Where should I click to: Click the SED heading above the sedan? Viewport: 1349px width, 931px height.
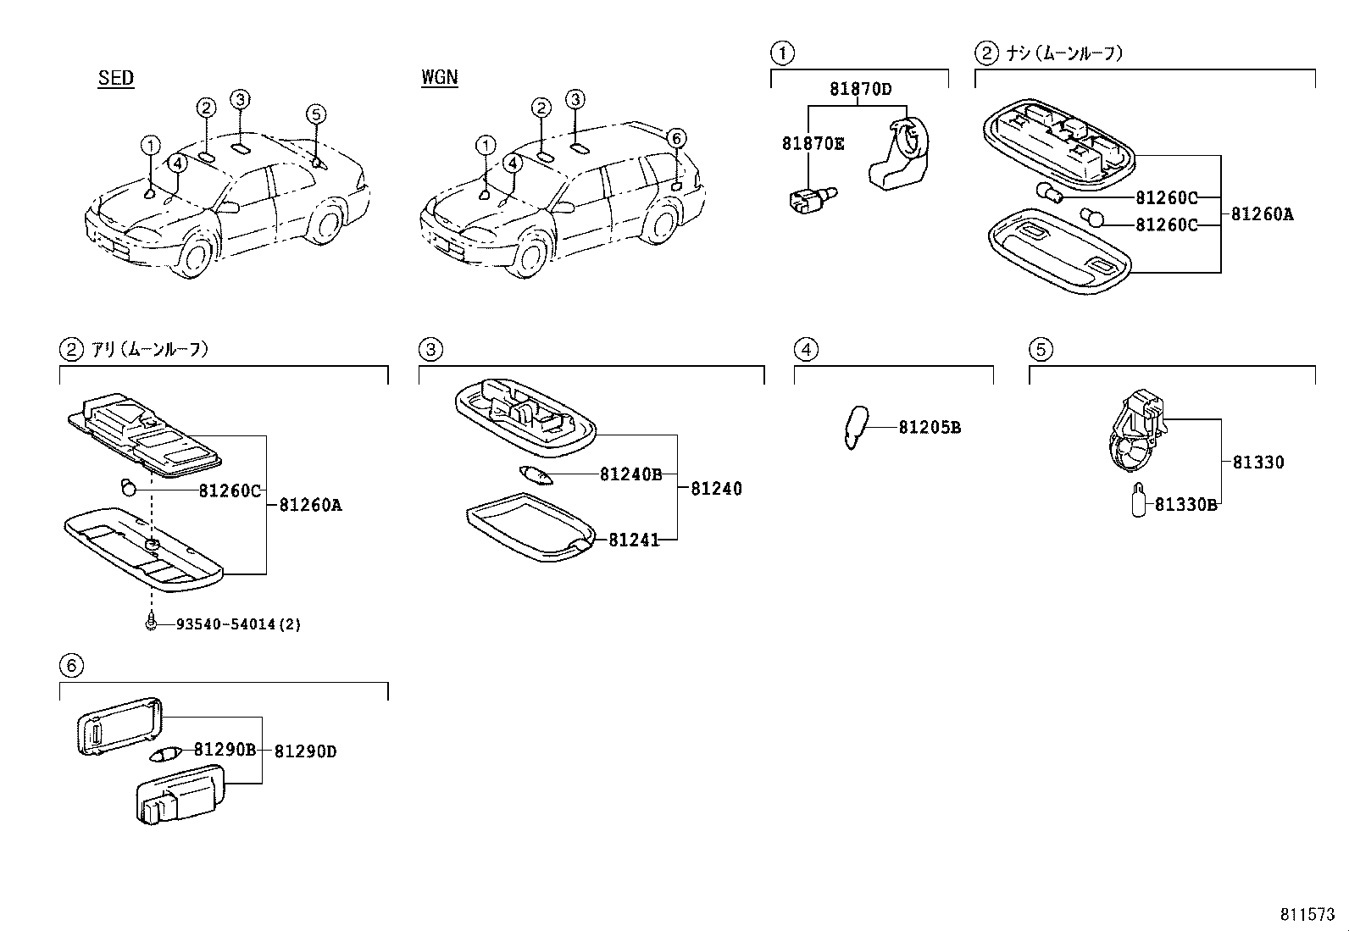[116, 78]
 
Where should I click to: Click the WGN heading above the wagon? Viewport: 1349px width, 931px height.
[439, 78]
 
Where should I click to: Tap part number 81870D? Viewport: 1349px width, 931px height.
[860, 89]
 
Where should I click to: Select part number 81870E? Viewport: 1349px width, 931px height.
[813, 144]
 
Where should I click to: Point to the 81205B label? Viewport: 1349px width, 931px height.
[930, 428]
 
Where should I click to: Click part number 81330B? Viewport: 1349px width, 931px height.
[1185, 505]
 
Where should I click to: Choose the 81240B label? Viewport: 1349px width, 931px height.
[630, 474]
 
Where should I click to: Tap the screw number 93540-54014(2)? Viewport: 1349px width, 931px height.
[238, 624]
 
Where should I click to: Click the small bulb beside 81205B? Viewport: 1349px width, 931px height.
[855, 427]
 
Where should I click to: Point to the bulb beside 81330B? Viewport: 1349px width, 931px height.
[1139, 500]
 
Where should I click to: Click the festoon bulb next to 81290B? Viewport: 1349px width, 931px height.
[165, 752]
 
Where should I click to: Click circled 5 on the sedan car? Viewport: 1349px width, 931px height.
[315, 114]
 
